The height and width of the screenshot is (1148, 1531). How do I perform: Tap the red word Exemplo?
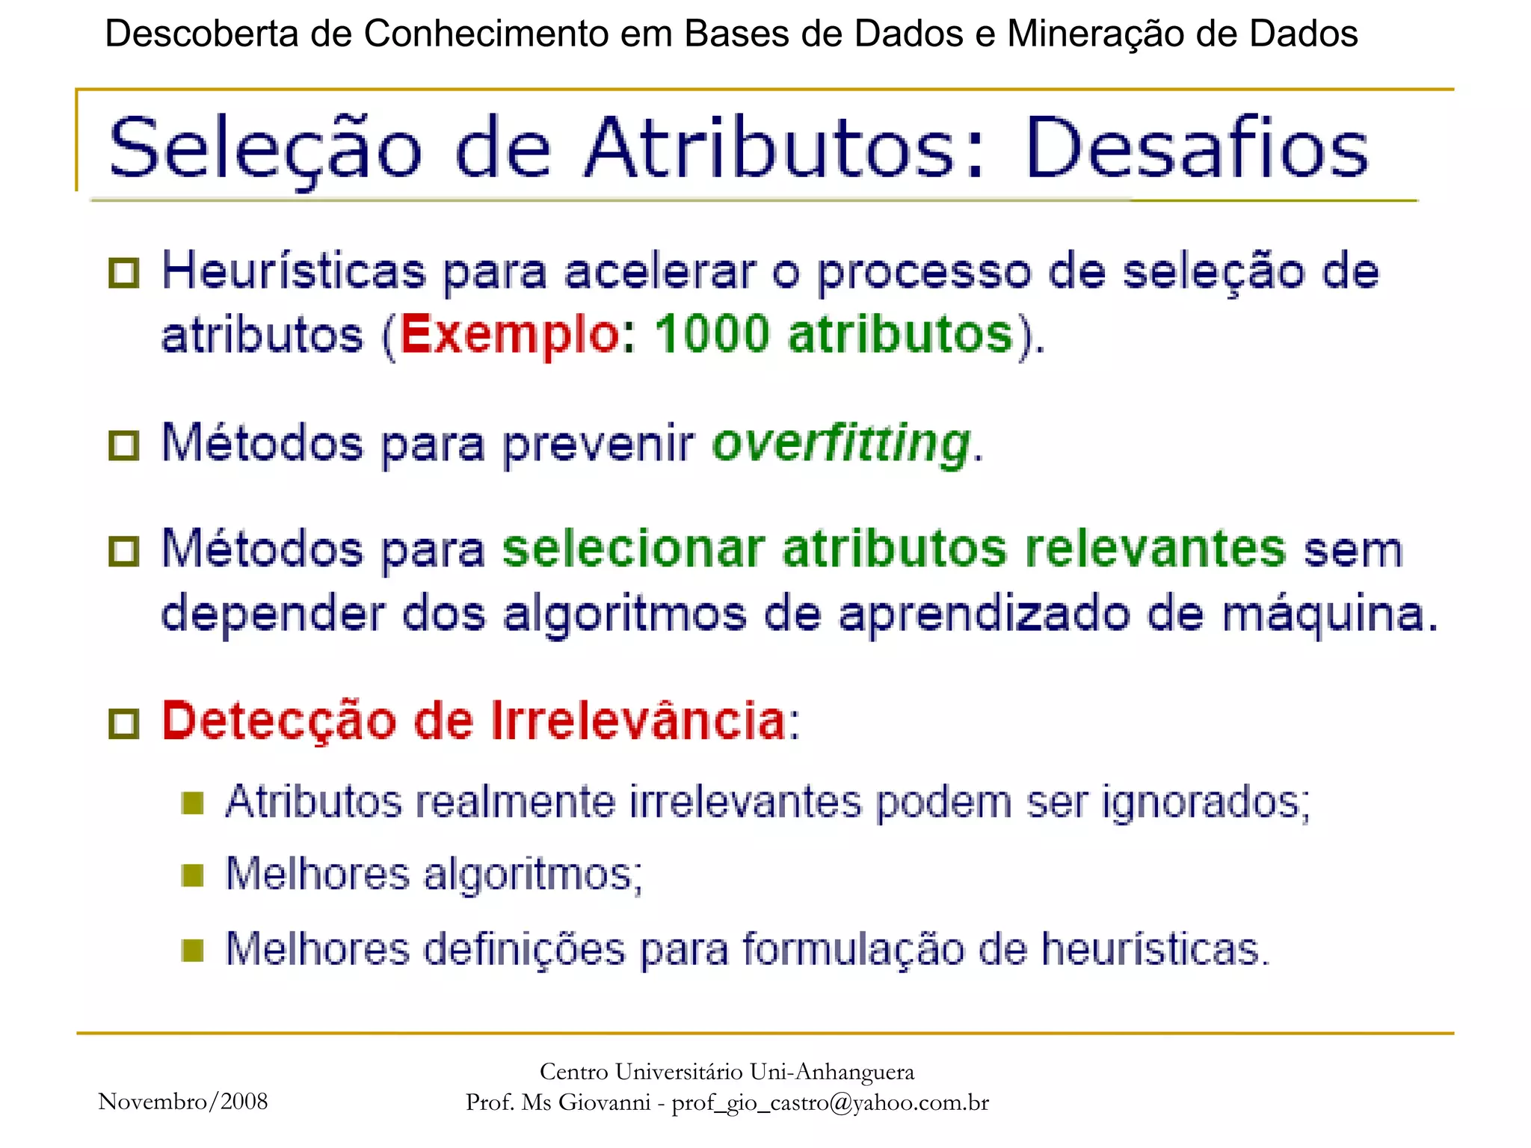tap(508, 334)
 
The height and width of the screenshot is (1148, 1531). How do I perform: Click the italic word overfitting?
tap(842, 443)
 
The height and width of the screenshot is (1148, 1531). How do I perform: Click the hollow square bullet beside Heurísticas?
tap(124, 274)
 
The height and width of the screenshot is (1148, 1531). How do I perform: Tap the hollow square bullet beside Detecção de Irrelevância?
tap(124, 724)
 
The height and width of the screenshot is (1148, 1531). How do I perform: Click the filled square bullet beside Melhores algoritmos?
tap(193, 875)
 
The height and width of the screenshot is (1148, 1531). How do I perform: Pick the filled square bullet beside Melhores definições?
tap(193, 951)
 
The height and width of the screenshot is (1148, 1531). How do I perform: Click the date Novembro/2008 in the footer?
tap(183, 1101)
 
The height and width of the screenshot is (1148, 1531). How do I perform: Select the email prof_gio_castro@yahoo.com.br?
tap(830, 1102)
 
